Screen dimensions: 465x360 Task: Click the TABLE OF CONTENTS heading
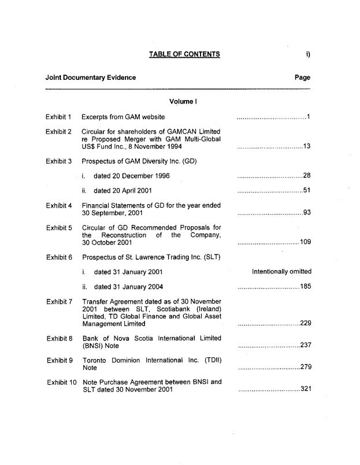(184, 55)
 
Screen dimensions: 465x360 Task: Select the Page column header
(302, 77)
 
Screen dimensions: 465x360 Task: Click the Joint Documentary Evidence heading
(91, 77)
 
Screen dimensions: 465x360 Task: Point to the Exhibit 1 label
(58, 117)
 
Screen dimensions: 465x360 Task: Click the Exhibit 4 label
(58, 205)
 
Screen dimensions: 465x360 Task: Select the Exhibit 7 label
(58, 301)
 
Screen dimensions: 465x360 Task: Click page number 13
(307, 146)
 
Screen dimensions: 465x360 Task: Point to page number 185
(306, 286)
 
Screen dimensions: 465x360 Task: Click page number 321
(306, 389)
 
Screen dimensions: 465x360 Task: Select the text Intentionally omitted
(282, 271)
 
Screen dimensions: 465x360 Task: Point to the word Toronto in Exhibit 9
(95, 360)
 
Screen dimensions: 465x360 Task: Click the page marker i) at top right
(309, 55)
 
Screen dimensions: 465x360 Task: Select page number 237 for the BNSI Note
(306, 346)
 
